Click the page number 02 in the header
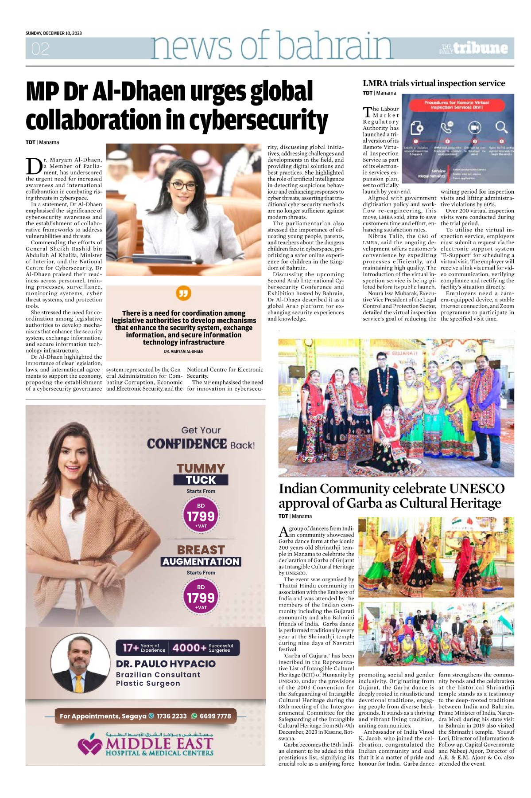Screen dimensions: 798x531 [x=40, y=48]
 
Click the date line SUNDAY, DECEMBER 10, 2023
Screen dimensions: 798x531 [x=54, y=33]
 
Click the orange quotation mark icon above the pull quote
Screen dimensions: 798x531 [x=183, y=293]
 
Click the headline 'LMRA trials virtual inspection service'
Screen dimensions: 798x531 [x=434, y=83]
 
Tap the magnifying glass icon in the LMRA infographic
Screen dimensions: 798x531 [x=501, y=128]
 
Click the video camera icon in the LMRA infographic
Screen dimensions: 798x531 [x=474, y=128]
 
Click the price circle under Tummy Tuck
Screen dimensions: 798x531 [x=201, y=516]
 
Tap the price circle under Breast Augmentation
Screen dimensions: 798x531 [x=201, y=597]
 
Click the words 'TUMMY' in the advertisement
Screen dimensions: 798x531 [x=201, y=468]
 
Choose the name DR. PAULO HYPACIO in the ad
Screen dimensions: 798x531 [x=166, y=664]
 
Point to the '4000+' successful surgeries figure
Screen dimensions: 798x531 [x=189, y=648]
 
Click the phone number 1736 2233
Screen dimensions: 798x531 [x=171, y=716]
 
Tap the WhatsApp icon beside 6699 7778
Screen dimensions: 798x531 [x=194, y=716]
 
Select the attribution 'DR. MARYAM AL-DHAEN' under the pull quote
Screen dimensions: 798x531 [x=183, y=352]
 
